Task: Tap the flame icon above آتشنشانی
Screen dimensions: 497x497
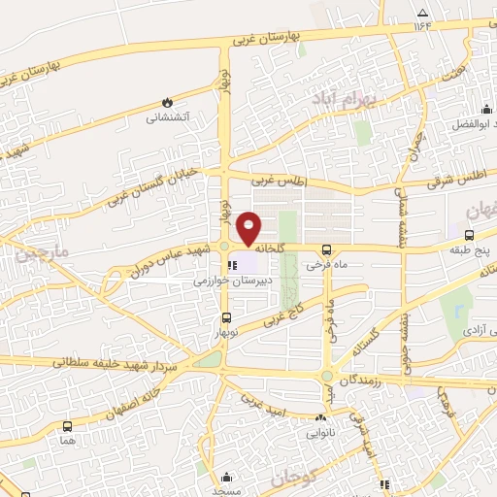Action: (x=167, y=101)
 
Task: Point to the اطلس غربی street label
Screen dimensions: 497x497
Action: (x=279, y=181)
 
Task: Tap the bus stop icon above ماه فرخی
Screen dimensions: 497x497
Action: (x=326, y=248)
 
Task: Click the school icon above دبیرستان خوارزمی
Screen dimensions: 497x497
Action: (x=231, y=263)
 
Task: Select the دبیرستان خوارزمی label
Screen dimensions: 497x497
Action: (x=229, y=280)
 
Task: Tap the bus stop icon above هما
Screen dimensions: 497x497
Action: (x=66, y=425)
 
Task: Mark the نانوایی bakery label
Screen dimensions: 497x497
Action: (x=322, y=432)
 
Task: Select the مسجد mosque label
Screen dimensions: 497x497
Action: (x=226, y=491)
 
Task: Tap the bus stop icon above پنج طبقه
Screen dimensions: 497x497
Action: (x=470, y=235)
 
